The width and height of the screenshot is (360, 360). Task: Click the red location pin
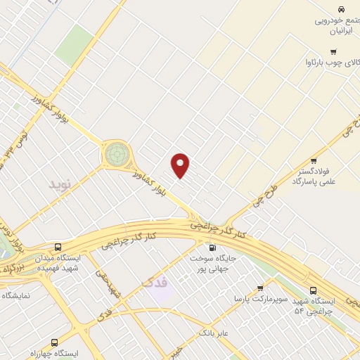coord(181,165)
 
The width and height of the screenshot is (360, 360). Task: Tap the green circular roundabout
coord(117,153)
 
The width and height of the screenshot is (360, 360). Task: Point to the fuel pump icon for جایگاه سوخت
coord(212,247)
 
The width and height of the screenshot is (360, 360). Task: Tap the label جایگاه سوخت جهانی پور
coord(212,263)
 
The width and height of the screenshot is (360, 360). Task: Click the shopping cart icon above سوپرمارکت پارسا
coord(260,288)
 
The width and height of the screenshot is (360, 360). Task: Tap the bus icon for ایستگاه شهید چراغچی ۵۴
coord(314,290)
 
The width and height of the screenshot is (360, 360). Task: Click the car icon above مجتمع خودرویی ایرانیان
coord(340,9)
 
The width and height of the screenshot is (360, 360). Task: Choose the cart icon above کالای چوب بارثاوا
coord(333,51)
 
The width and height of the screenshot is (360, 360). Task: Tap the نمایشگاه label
coord(16,296)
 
